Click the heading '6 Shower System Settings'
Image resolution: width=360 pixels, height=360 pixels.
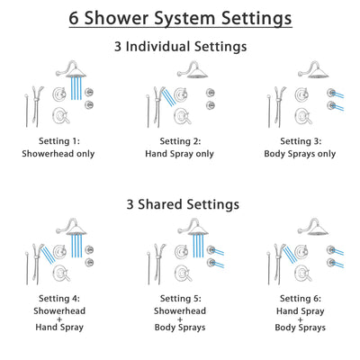click(180, 17)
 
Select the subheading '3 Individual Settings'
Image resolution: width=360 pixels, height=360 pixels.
click(180, 46)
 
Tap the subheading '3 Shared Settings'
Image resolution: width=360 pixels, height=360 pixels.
click(180, 204)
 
